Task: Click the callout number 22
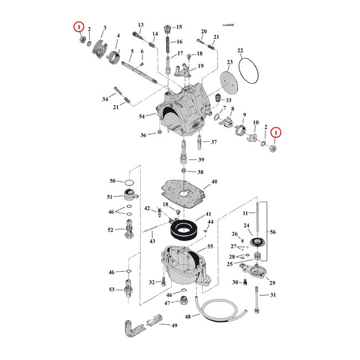click(x=240, y=51)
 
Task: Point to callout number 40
click(x=214, y=182)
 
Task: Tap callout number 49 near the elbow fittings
click(x=174, y=325)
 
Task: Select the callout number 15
click(x=179, y=27)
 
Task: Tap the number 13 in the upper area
click(x=140, y=25)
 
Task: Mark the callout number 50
click(x=112, y=181)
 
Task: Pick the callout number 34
click(x=105, y=99)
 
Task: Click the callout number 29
click(x=272, y=283)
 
